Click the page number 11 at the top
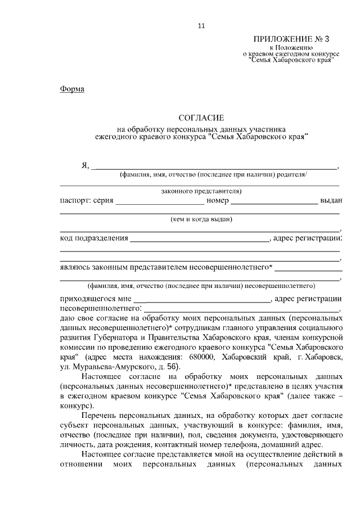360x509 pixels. tap(201, 25)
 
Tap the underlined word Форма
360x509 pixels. tap(72, 89)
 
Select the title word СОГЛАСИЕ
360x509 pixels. tap(201, 118)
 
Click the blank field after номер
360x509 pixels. tap(274, 201)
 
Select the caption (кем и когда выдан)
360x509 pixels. tap(201, 219)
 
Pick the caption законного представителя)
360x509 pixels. tap(201, 191)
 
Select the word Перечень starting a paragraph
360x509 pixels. tap(104, 416)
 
